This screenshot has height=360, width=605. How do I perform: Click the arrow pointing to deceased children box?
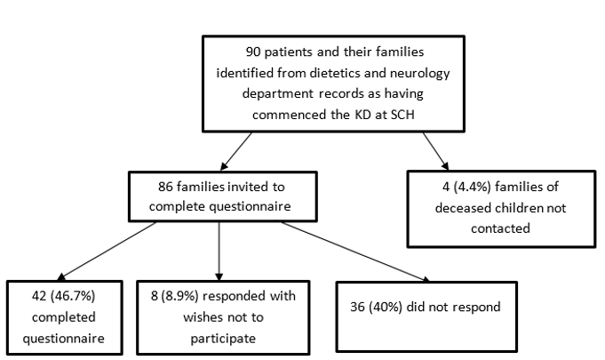pos(435,151)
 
